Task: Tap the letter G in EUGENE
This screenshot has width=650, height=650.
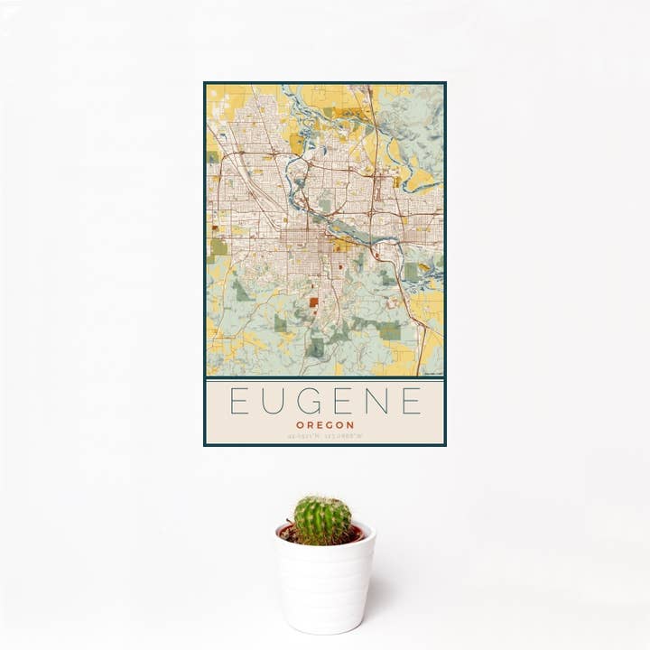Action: click(306, 400)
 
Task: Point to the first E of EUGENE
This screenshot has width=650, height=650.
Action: click(237, 400)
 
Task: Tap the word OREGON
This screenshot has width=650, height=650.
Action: click(324, 424)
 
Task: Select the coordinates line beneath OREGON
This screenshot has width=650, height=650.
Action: click(324, 436)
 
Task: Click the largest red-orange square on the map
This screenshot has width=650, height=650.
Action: click(313, 303)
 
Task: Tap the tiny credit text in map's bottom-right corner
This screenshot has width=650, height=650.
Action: click(433, 372)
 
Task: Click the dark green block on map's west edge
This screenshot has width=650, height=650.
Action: click(218, 246)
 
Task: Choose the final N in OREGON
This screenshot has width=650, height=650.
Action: click(350, 424)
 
